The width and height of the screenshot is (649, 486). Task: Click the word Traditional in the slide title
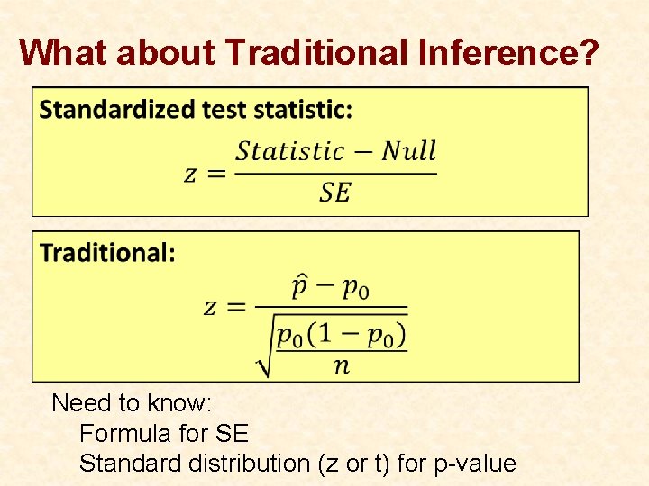(x=318, y=52)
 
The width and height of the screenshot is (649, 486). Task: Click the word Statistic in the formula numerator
(x=289, y=151)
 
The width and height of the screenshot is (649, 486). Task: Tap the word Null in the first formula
(x=408, y=151)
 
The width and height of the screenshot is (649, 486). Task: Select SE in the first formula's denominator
(x=334, y=192)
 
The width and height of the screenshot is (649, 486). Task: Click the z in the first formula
(x=191, y=173)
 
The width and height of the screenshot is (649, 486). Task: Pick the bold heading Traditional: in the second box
(x=107, y=253)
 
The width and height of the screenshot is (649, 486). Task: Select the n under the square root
(x=341, y=364)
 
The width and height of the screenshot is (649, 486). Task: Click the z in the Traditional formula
(x=210, y=307)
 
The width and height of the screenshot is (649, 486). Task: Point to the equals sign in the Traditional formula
(x=236, y=308)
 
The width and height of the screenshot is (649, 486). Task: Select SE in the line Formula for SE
(x=232, y=434)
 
